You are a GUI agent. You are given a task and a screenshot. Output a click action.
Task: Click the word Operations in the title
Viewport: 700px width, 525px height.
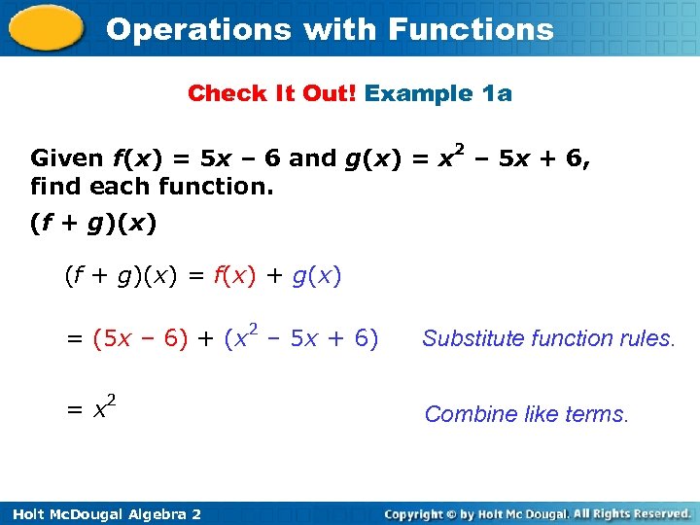[x=198, y=29]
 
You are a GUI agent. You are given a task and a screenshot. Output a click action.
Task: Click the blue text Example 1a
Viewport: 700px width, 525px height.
[x=438, y=93]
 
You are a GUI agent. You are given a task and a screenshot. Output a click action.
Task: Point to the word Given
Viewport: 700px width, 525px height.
[x=67, y=158]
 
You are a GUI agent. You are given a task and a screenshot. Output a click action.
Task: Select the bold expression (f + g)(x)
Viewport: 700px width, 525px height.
[x=92, y=224]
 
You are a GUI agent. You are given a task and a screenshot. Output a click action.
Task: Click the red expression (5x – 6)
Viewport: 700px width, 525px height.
[x=141, y=338]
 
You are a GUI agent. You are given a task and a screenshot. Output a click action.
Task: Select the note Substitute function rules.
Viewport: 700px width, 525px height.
[x=547, y=338]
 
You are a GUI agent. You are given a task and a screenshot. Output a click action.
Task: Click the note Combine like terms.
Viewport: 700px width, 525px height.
[x=527, y=414]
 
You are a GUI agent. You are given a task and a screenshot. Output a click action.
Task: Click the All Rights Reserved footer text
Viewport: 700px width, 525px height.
[x=632, y=513]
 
